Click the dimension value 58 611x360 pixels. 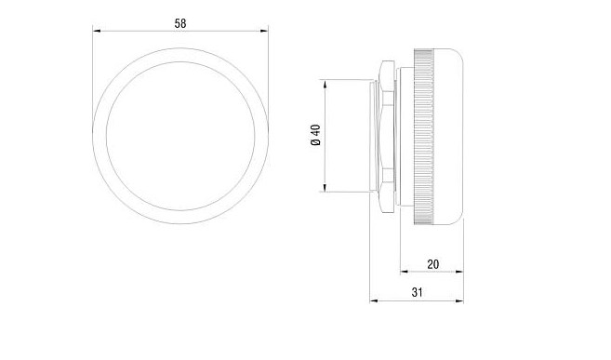click(x=180, y=24)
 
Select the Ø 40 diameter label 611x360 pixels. click(x=315, y=135)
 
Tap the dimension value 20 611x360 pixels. click(x=433, y=264)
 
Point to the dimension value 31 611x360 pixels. click(x=417, y=293)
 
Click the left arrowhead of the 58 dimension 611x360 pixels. click(x=97, y=31)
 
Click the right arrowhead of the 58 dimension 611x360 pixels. click(x=264, y=31)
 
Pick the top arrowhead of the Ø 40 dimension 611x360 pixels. click(x=324, y=84)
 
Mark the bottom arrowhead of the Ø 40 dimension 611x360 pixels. click(x=324, y=187)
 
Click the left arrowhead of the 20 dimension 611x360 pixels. click(x=405, y=272)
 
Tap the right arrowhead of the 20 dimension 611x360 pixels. click(x=459, y=272)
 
